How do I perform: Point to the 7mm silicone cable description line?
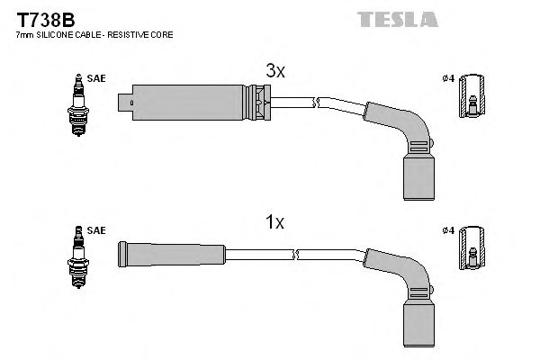pos(94,34)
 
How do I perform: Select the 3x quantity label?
pos(274,70)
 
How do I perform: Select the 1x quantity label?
pos(274,221)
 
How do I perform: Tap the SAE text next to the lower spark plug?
pos(97,231)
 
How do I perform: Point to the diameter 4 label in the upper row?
pos(449,78)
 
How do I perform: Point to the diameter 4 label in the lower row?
pos(449,231)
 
